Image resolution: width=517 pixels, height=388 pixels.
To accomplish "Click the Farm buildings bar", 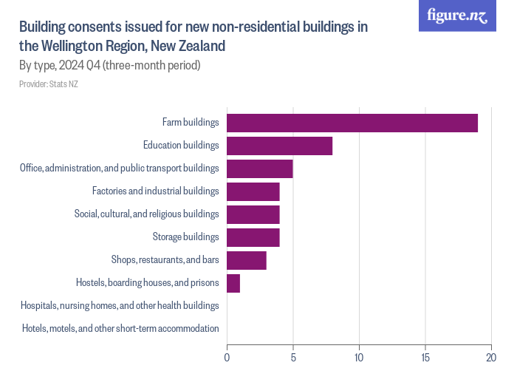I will click(x=352, y=123).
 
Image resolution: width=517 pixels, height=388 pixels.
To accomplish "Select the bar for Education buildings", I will click(x=279, y=146).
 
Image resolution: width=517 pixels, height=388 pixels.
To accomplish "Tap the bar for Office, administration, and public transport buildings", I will click(x=259, y=169).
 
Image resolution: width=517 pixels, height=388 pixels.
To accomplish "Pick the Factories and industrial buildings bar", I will click(x=253, y=191).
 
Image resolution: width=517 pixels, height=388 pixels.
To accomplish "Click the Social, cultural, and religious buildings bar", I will click(x=253, y=214).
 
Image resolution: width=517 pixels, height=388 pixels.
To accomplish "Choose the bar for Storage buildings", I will click(x=253, y=237).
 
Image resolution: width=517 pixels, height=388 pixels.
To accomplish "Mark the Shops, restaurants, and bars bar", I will click(x=246, y=260).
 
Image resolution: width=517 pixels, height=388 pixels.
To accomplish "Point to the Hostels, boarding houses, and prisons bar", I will click(x=233, y=283).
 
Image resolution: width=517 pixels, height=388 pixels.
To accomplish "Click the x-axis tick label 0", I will click(x=227, y=358).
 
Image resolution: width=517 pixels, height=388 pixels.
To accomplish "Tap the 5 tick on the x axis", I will click(x=293, y=358).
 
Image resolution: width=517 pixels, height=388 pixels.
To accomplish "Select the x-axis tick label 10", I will click(x=359, y=358).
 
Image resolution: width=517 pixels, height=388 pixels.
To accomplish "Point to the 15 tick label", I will click(x=425, y=358).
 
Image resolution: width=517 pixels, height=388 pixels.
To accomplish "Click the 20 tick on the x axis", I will click(x=491, y=358).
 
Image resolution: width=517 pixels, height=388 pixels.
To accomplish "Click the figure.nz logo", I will click(x=457, y=16).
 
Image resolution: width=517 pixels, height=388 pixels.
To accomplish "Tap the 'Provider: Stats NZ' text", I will click(x=48, y=84).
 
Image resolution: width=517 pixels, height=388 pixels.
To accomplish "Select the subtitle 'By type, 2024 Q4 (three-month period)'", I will click(x=110, y=66).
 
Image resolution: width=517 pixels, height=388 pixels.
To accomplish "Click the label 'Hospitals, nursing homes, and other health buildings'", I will click(x=120, y=305).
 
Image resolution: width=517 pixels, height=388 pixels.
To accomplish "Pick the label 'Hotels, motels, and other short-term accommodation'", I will click(x=120, y=328).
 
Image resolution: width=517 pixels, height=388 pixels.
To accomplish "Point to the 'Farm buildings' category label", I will click(x=191, y=123).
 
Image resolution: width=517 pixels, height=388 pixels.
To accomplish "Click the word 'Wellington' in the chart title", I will click(x=75, y=46).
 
